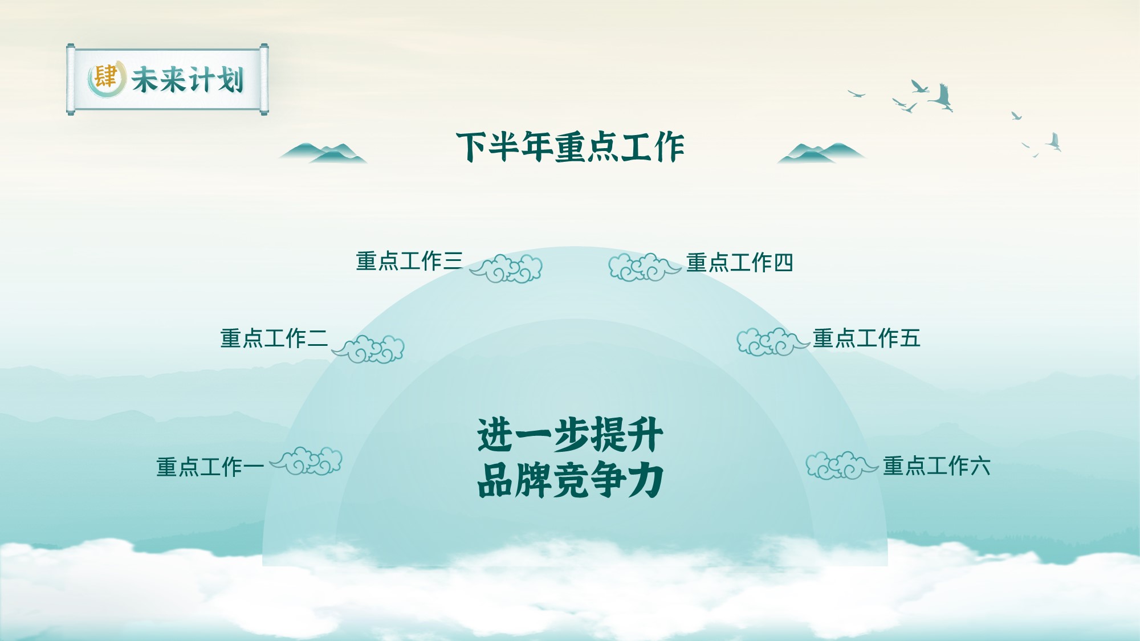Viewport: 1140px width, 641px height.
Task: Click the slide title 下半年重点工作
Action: click(570, 147)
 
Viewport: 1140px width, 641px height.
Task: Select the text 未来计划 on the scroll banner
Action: click(188, 79)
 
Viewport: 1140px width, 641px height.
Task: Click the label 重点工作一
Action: click(210, 467)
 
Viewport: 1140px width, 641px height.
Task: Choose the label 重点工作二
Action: click(274, 338)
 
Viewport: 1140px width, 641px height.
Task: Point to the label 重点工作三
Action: click(409, 261)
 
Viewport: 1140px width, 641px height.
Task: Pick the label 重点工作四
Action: click(740, 263)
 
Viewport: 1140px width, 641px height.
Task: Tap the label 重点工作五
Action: click(866, 338)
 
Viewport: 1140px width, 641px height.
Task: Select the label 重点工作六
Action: click(937, 466)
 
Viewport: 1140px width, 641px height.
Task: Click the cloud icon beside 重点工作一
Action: click(306, 461)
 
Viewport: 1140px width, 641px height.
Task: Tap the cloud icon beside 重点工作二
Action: click(368, 349)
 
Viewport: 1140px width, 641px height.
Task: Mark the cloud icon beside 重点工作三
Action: click(506, 268)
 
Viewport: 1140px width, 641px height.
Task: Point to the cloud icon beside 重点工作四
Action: click(645, 267)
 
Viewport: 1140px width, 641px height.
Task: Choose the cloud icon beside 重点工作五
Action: click(773, 342)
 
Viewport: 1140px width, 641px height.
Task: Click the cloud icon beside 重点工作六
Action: click(842, 466)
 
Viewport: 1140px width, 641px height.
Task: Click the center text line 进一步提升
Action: click(570, 435)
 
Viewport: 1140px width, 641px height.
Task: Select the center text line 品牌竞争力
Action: click(570, 480)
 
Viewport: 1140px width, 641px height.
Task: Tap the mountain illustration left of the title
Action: click(323, 153)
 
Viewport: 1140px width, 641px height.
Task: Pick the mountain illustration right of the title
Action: click(821, 153)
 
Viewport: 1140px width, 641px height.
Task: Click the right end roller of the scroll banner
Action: click(264, 79)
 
